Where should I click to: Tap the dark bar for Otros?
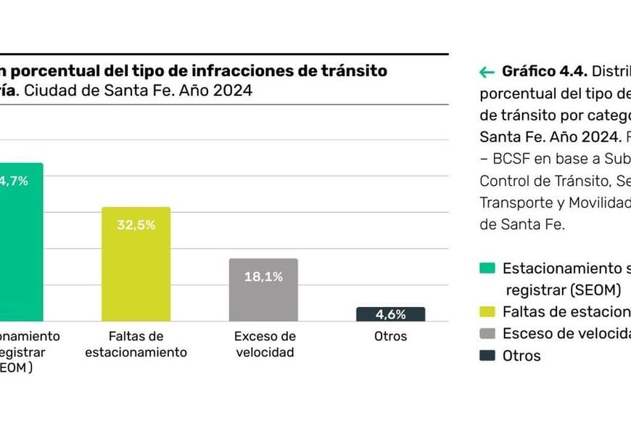point(390,314)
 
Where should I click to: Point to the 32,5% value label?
point(136,225)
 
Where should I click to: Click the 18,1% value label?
point(263,277)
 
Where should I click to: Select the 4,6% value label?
point(390,314)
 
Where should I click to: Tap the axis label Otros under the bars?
point(390,336)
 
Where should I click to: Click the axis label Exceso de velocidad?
point(265,344)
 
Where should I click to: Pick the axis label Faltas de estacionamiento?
point(136,344)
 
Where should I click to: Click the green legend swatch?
point(487,268)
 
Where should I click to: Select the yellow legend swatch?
point(487,311)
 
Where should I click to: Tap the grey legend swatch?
point(487,334)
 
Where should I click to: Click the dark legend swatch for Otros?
point(487,356)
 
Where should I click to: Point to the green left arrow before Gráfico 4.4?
point(487,72)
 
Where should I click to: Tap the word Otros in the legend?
point(521,356)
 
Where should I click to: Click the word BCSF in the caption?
point(511,159)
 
